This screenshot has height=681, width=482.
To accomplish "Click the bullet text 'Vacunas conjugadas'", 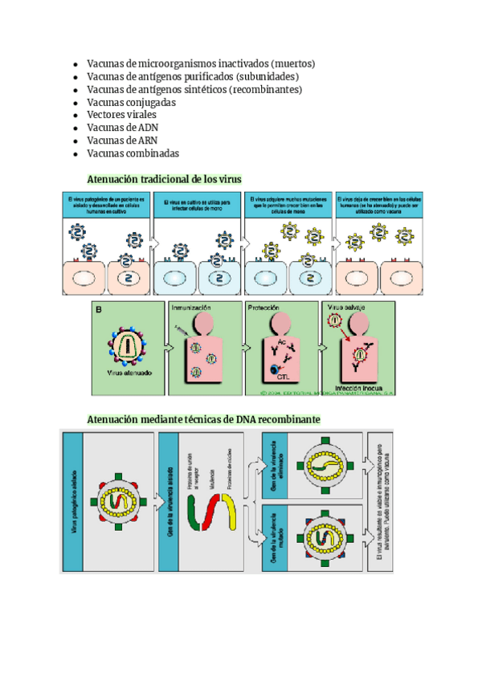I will tap(131, 102).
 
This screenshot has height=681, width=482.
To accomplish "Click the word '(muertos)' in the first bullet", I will tap(292, 63).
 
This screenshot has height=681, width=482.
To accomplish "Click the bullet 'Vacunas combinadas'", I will tap(133, 153).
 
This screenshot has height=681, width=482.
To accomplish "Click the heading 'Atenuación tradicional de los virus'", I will tap(164, 178).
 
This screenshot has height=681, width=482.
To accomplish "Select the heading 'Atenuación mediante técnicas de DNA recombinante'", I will tap(203, 419).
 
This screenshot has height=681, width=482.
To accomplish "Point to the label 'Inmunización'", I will tap(191, 308).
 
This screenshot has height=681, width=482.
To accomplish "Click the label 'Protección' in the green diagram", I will tap(264, 308).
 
